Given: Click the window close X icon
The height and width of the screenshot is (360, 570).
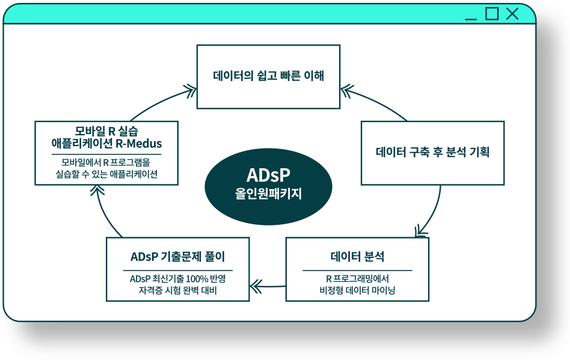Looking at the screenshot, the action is point(512,14).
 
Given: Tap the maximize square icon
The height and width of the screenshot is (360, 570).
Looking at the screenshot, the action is point(492,14).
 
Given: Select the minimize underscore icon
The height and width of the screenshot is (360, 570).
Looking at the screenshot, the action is point(471,19).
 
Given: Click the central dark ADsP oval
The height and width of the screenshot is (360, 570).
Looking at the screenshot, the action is point(268,186).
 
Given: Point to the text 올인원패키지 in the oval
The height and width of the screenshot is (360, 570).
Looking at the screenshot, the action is point(268,194).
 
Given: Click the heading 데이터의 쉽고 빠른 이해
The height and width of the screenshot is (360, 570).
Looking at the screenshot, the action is point(268,76).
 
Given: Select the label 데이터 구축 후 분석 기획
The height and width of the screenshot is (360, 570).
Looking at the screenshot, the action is point(432,152).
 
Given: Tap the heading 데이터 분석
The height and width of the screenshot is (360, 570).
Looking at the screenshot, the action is point(357,257).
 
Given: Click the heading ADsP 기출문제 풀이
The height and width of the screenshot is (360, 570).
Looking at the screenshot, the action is point(178,257).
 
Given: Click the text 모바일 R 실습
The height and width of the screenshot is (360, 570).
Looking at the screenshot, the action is point(106,131).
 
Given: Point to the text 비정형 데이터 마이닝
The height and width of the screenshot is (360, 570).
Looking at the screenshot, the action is point(357,290).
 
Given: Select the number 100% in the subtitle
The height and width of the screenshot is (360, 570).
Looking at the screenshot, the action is point(197,279).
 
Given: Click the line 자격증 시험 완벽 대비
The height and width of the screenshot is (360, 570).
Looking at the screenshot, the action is point(178,290).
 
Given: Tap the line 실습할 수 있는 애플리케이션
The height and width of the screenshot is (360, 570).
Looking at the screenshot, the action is point(106,174).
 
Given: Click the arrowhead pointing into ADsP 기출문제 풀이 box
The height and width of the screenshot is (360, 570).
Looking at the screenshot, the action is point(255,286).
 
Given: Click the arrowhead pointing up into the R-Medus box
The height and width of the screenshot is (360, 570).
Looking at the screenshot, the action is point(97,190).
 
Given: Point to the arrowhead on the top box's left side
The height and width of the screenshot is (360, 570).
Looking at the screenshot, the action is point(191,91).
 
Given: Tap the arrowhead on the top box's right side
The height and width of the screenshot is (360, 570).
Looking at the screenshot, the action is point(347,91).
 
